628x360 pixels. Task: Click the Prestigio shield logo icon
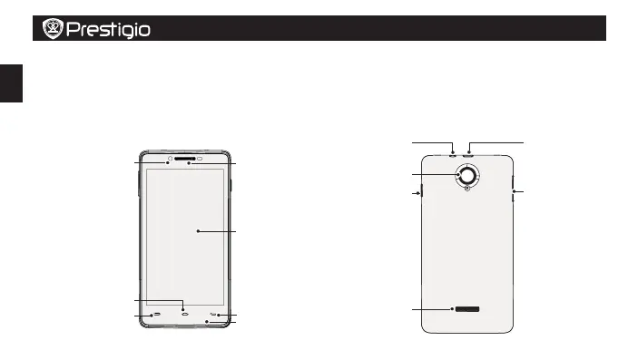pyautogui.click(x=53, y=28)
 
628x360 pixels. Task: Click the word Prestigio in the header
pyautogui.click(x=108, y=30)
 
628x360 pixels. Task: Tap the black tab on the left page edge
pyautogui.click(x=11, y=83)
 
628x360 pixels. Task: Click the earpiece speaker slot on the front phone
pyautogui.click(x=185, y=159)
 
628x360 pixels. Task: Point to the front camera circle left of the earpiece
pyautogui.click(x=171, y=159)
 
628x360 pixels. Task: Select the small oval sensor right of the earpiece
pyautogui.click(x=200, y=159)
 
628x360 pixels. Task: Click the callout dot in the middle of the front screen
pyautogui.click(x=198, y=231)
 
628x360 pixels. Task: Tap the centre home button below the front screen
pyautogui.click(x=184, y=314)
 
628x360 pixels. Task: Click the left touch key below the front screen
pyautogui.click(x=157, y=314)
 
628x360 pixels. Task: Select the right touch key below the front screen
pyautogui.click(x=213, y=314)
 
